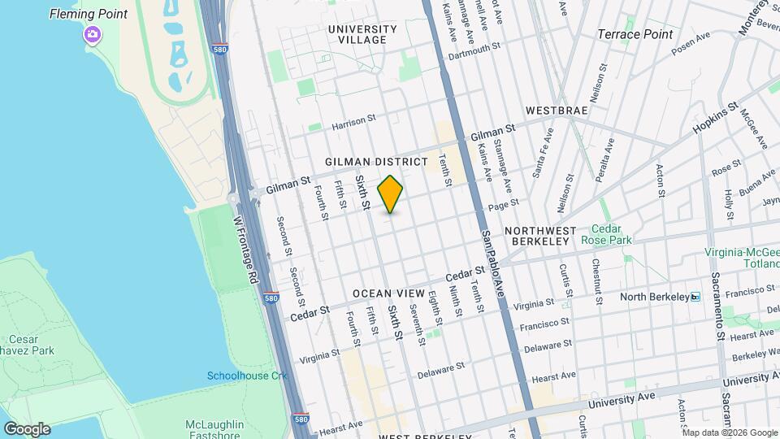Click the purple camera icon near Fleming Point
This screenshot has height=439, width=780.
tap(92, 34)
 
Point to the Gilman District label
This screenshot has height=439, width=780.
tap(376, 162)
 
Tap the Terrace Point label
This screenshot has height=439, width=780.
tap(635, 34)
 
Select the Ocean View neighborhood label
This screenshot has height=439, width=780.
tap(388, 293)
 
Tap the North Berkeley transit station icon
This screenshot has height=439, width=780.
tap(695, 297)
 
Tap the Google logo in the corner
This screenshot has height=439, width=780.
tap(27, 428)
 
